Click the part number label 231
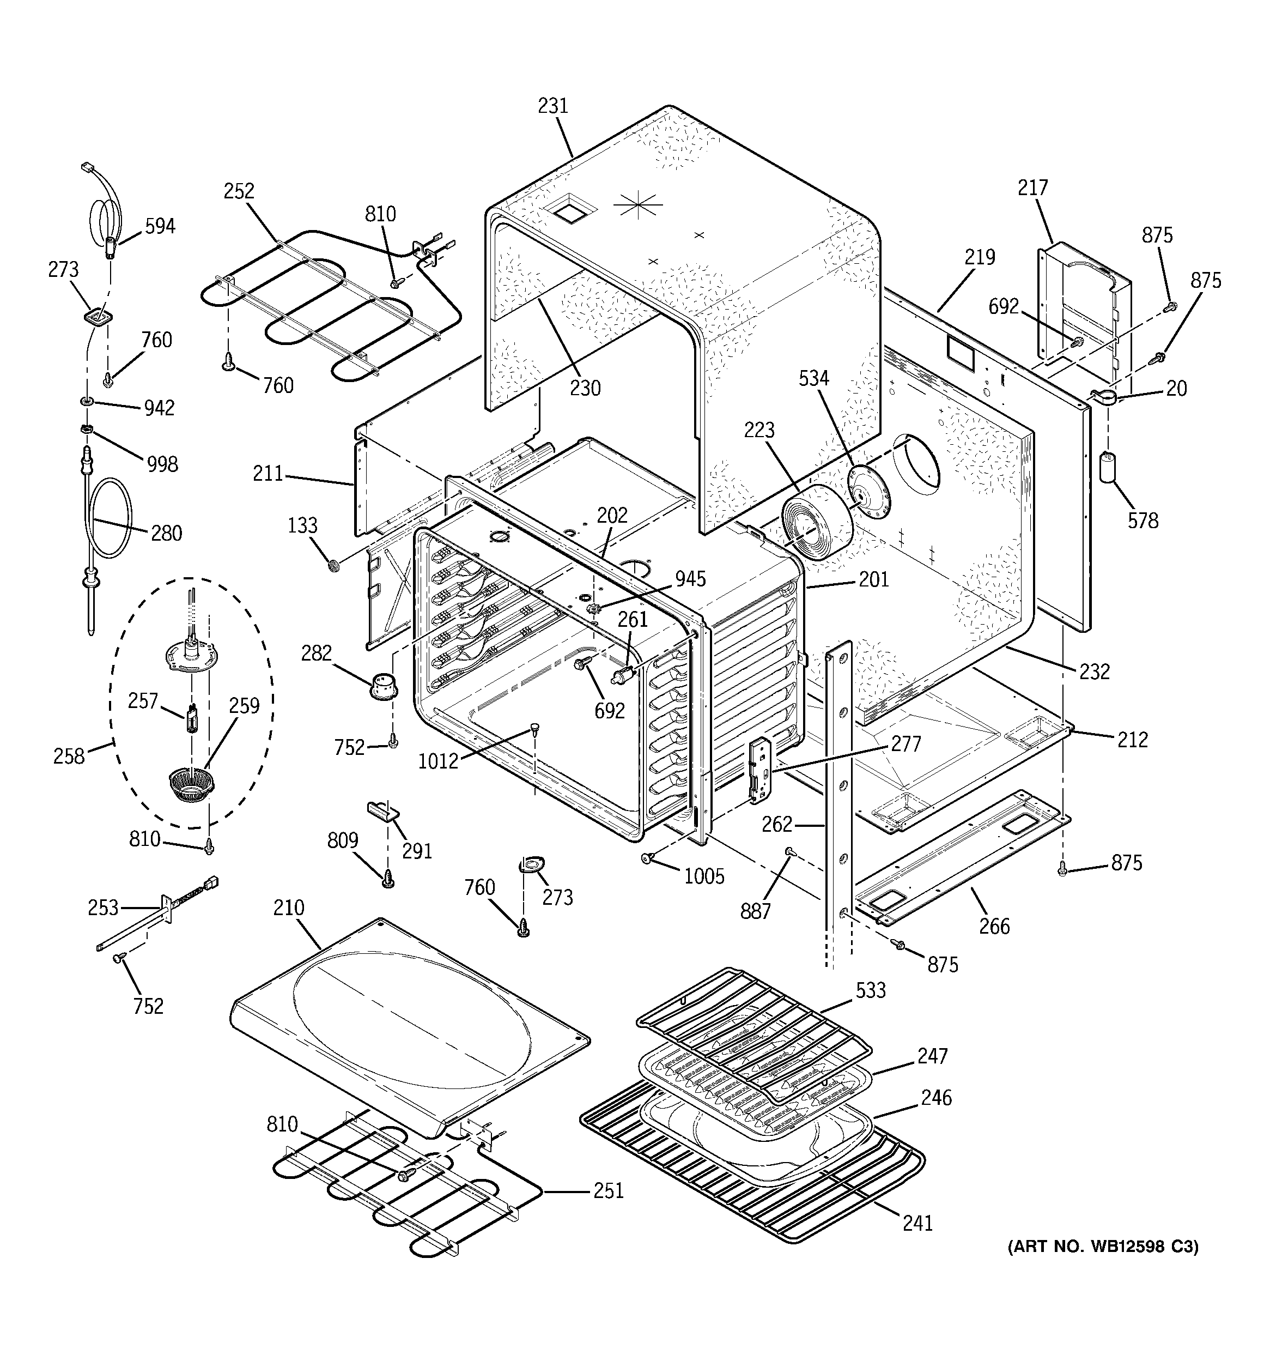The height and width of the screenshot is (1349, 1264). point(552,106)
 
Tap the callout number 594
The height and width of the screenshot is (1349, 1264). point(160,226)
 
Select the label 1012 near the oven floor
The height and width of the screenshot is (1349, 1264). point(437,761)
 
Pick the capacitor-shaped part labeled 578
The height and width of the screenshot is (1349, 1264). point(1108,468)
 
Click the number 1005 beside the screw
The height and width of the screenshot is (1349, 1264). point(703,877)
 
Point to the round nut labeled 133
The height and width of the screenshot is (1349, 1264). point(333,565)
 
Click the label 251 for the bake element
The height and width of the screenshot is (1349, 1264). point(608,1190)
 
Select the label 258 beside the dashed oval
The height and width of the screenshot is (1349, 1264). point(69,755)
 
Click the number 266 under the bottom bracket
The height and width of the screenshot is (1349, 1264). point(994,925)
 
